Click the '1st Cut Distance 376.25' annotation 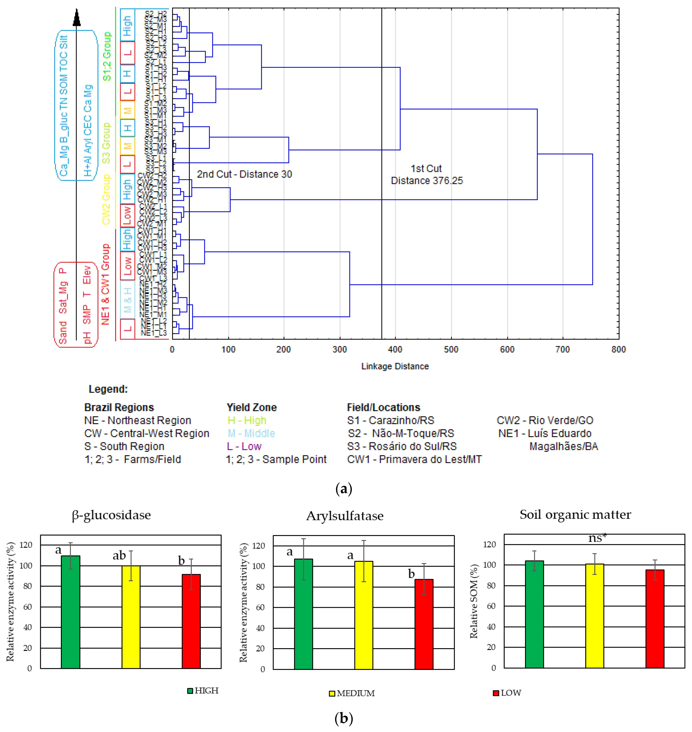(x=427, y=175)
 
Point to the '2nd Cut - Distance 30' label (x=244, y=174)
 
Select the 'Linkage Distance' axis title (x=395, y=366)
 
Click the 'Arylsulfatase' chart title (x=345, y=516)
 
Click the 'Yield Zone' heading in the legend (x=252, y=407)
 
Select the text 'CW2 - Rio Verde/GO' (x=545, y=420)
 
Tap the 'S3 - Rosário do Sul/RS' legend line (x=402, y=446)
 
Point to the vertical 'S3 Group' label (x=106, y=143)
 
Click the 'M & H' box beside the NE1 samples (x=127, y=300)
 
